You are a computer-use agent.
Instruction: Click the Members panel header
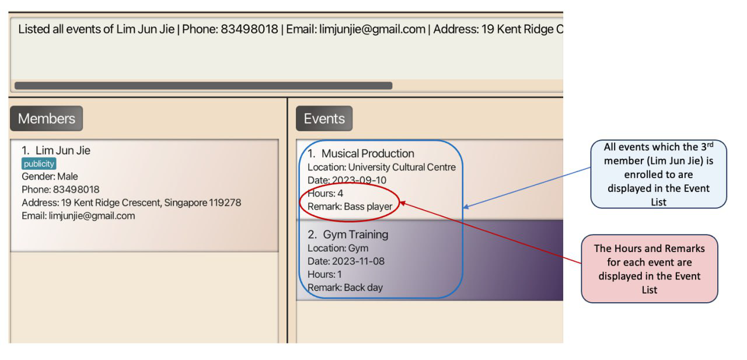coord(46,118)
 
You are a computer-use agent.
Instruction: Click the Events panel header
coord(324,118)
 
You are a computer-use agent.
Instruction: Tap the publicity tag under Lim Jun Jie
coord(39,164)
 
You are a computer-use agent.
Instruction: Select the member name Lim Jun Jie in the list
coord(56,151)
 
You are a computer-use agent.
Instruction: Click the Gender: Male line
coord(50,176)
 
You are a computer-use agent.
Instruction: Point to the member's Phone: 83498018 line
coord(60,189)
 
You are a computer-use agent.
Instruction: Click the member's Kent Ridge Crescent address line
coord(131,202)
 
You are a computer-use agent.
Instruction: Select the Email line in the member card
coord(78,216)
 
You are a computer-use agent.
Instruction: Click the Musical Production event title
coord(361,153)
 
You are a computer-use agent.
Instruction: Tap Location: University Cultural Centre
coord(382,167)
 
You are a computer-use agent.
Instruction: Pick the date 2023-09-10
coord(359,180)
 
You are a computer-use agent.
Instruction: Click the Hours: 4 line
coord(325,193)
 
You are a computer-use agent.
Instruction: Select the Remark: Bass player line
coord(350,207)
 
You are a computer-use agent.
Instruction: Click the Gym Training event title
coord(348,235)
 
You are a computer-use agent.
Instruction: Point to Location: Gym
coord(338,248)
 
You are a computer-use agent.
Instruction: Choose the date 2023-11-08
coord(358,261)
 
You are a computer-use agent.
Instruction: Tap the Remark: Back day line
coord(345,287)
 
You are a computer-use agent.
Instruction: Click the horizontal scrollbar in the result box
coord(204,86)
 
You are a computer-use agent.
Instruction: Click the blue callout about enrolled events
coord(658,174)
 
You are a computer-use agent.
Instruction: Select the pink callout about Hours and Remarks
coord(650,268)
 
